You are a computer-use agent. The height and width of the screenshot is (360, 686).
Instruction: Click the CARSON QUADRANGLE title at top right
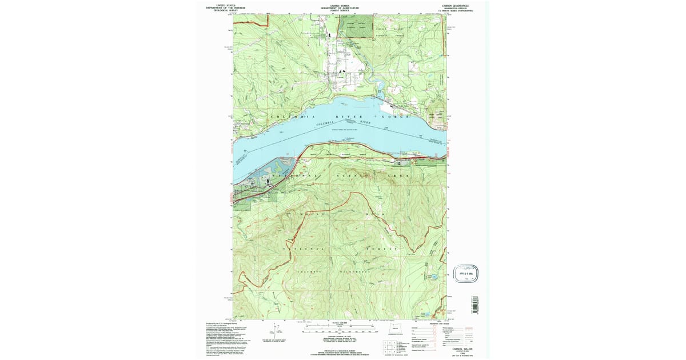tap(454, 5)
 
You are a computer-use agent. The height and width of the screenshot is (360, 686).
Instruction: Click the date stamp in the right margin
tap(467, 272)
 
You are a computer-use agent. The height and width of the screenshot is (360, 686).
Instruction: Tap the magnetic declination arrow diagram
tap(275, 330)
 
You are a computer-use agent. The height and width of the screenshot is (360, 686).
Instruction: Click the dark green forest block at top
tap(357, 26)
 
